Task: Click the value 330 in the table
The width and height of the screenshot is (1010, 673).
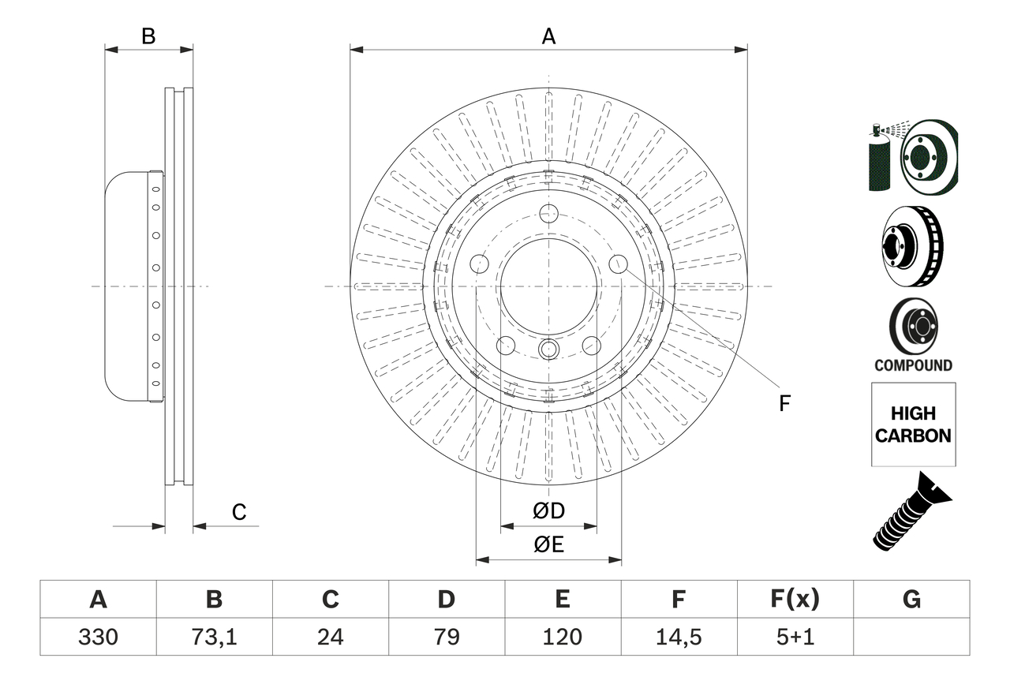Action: pos(98,637)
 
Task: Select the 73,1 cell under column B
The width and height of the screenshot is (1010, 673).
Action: pos(214,637)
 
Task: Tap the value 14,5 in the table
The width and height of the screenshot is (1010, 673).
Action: pos(678,637)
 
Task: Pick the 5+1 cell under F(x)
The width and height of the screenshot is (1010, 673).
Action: pos(795,637)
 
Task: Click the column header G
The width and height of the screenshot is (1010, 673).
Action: pos(911,600)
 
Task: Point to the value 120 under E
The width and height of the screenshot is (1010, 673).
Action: pos(562,637)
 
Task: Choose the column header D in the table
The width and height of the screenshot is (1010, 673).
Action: pos(446,600)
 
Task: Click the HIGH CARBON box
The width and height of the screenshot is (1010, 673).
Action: pos(913,424)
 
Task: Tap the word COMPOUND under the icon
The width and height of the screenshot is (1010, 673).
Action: pos(913,365)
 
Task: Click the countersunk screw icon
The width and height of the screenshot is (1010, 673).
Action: pos(911,511)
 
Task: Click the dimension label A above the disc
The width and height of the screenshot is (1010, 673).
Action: pos(548,36)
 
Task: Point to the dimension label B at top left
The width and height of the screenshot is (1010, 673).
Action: pos(148,36)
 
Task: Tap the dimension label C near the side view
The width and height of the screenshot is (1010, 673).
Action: pos(239,512)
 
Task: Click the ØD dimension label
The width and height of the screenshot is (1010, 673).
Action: pos(549,511)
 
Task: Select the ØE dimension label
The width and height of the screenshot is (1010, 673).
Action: pos(549,545)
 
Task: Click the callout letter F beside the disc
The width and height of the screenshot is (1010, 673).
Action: pos(784,404)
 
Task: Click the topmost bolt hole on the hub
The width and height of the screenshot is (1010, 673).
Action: pos(549,213)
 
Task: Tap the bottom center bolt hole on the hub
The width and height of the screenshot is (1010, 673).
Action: pos(549,349)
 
